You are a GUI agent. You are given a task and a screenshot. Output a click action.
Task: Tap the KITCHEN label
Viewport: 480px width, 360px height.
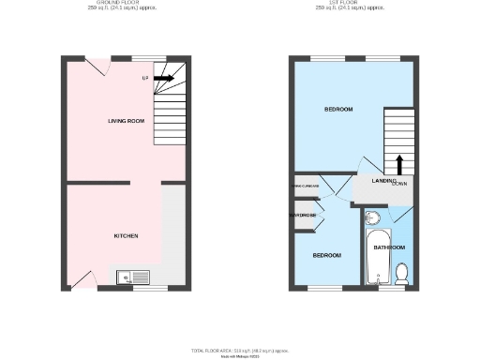coord(127,235)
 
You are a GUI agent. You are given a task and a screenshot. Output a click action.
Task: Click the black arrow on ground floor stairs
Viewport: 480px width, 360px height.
coord(163,79)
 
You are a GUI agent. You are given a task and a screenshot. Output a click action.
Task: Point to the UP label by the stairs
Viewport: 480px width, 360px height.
coord(145,78)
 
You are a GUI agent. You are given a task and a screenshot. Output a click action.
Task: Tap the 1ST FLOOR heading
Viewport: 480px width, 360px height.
coord(352,3)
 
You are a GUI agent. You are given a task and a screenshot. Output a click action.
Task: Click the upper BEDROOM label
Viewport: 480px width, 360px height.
coord(338,110)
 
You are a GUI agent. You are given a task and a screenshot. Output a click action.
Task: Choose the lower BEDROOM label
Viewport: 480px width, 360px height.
coord(326,255)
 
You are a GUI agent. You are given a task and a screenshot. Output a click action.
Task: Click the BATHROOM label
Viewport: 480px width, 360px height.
coord(389,247)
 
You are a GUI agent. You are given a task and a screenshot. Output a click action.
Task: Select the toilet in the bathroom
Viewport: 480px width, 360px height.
coord(401,273)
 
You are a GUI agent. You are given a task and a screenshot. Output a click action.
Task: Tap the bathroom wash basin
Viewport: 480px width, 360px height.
coord(372,219)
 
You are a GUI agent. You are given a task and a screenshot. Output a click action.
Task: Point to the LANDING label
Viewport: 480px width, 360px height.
coord(384,180)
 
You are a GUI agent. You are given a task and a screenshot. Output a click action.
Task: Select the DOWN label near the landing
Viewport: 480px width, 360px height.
coord(400,184)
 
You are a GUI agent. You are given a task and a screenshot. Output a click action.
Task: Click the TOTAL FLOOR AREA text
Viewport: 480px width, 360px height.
coord(240,350)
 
